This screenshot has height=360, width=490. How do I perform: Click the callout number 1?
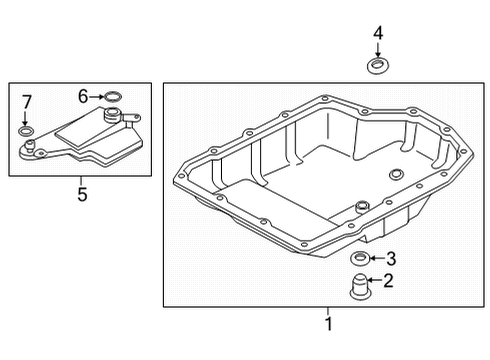pos(329,323)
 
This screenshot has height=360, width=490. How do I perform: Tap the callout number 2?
pos(388,281)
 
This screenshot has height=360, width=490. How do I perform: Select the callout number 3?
pos(391,259)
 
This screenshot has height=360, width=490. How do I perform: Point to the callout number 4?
pos(378,33)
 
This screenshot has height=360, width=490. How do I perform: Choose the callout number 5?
pos(82,194)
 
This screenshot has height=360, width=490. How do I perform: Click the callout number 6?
pos(83,96)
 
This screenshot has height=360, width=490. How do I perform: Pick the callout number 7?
pos(26,102)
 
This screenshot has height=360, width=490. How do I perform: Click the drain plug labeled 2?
pos(359,286)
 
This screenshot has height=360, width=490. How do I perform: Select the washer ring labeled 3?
pos(360,259)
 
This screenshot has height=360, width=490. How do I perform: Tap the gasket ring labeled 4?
pos(378,66)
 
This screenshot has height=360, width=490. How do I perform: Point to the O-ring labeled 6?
pos(113,97)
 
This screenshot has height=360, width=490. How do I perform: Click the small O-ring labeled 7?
pos(25,131)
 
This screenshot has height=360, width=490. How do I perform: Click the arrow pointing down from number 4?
pos(378,49)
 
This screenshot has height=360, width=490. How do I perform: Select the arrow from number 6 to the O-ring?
pos(96,97)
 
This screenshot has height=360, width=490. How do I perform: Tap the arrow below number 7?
pos(25,118)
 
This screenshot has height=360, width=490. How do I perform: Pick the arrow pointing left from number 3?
pos(378,258)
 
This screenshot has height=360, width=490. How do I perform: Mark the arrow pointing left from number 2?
pos(375,280)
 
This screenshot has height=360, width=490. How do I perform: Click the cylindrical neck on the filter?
pos(112,115)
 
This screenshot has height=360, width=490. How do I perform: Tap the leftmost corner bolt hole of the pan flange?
pos(182,176)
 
